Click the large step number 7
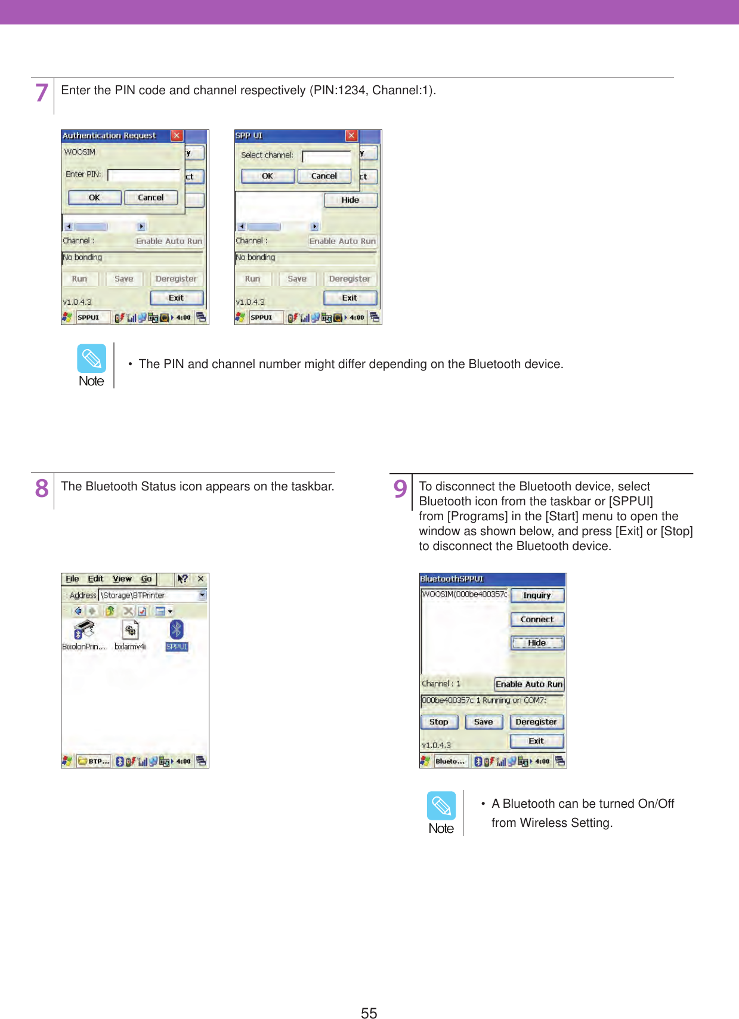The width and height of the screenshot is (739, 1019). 41,92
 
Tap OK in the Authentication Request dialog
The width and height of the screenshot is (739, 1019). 94,197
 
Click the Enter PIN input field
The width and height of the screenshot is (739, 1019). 143,175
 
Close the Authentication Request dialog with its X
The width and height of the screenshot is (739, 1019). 177,135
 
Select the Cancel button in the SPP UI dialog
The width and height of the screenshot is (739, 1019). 324,176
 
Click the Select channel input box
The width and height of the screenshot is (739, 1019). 326,156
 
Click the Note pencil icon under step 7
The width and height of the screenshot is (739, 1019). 91,358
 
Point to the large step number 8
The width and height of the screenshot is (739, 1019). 42,489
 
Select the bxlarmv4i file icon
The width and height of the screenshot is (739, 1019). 130,630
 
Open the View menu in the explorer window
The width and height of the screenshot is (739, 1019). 122,579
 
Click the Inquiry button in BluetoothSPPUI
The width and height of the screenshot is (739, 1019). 537,595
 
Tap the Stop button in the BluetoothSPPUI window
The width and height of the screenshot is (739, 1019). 439,722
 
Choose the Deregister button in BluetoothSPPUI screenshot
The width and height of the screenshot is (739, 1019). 536,722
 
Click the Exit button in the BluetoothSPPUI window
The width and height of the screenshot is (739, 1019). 536,741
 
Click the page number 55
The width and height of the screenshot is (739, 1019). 369,1012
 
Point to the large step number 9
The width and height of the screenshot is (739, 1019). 400,489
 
